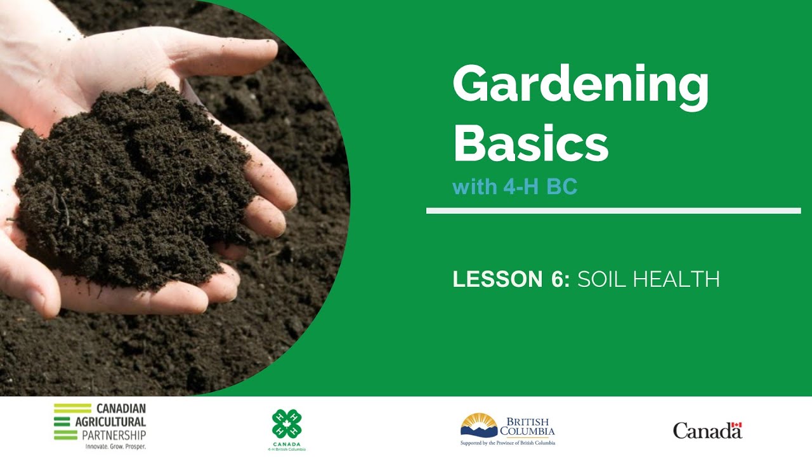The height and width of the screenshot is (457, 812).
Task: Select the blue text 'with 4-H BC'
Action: tap(514, 187)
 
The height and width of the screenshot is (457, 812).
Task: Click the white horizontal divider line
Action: tap(613, 211)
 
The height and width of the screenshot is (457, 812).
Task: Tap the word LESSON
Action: tap(497, 279)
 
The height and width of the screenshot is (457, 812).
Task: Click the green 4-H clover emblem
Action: tap(286, 423)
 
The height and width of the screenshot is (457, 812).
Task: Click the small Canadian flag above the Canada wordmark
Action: tap(736, 426)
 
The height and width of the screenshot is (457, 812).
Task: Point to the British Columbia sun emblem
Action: tap(479, 424)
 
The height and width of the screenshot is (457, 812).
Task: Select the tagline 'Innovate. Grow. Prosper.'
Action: tap(115, 447)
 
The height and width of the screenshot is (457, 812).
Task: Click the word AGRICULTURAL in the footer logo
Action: tap(121, 421)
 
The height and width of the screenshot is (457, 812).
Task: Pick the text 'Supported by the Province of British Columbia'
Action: tap(507, 442)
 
